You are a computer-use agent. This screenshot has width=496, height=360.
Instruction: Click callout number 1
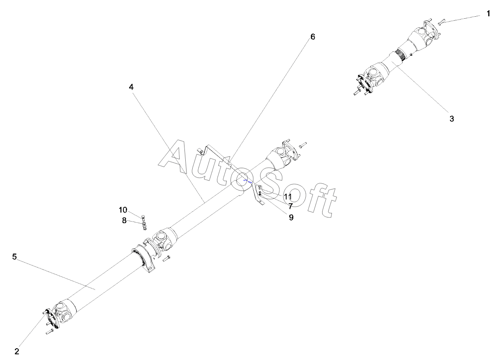point(488,13)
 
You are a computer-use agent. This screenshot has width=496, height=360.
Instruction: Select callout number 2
point(17,351)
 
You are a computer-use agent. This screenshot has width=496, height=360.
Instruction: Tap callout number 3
point(452,119)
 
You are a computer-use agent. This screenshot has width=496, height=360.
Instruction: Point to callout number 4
point(131,87)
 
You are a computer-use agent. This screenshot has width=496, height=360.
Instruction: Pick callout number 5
point(14,257)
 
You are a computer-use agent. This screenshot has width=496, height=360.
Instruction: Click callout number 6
point(312,37)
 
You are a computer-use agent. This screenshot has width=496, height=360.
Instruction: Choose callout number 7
point(290,206)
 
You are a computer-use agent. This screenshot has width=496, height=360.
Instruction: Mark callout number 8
point(124,220)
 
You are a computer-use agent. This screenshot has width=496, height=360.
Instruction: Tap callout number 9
point(291,217)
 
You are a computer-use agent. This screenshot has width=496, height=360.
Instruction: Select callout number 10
point(123,210)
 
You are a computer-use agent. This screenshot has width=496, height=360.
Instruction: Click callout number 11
point(288,197)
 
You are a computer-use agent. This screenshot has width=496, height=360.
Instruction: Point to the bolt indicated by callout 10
point(143,217)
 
